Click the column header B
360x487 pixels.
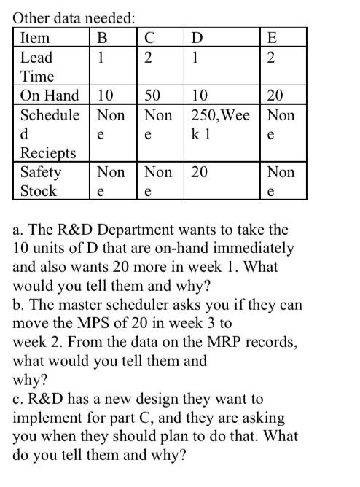pyautogui.click(x=103, y=39)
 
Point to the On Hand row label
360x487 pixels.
pyautogui.click(x=50, y=96)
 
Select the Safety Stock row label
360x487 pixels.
pyautogui.click(x=41, y=182)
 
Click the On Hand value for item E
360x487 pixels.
pyautogui.click(x=275, y=96)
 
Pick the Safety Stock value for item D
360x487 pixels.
pyautogui.click(x=199, y=173)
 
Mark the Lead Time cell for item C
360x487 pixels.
pyautogui.click(x=148, y=58)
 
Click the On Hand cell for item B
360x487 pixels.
pyautogui.click(x=106, y=96)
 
